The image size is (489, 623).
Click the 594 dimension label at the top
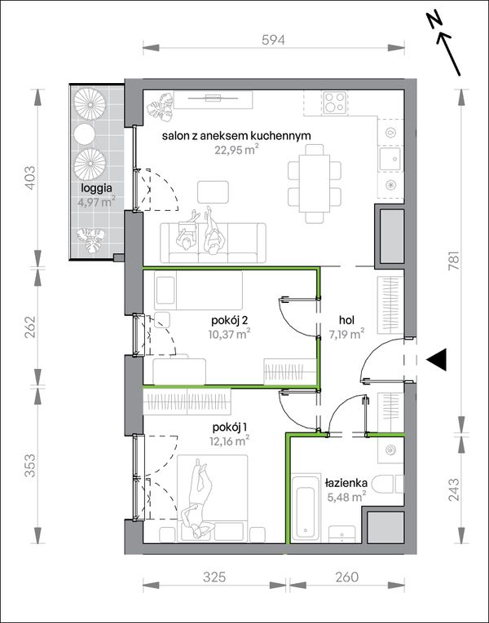pyautogui.click(x=274, y=40)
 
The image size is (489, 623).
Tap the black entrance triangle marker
pyautogui.click(x=437, y=360)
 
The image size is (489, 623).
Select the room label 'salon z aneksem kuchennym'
pyautogui.click(x=236, y=136)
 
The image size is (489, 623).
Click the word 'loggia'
pyautogui.click(x=96, y=188)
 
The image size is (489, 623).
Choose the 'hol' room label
pyautogui.click(x=346, y=320)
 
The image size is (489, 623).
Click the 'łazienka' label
pyautogui.click(x=346, y=483)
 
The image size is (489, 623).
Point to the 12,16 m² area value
pyautogui.click(x=229, y=441)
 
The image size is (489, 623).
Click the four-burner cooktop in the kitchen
pyautogui.click(x=335, y=102)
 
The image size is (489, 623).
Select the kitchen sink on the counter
pyautogui.click(x=390, y=160)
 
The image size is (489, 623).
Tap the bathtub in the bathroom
pyautogui.click(x=306, y=507)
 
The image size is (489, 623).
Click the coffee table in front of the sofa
pyautogui.click(x=213, y=192)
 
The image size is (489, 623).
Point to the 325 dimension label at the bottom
pyautogui.click(x=214, y=577)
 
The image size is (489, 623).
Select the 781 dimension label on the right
pyautogui.click(x=455, y=261)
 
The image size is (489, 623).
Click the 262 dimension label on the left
pyautogui.click(x=30, y=327)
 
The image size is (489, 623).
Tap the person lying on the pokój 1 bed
pyautogui.click(x=199, y=498)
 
